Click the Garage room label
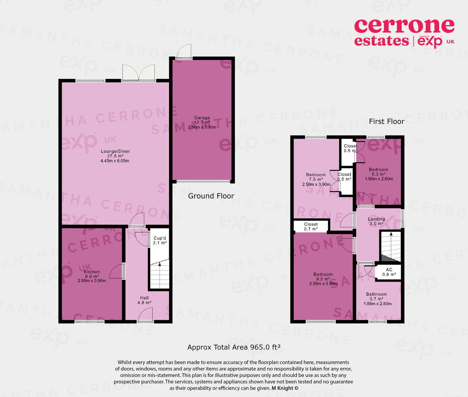point(202,118)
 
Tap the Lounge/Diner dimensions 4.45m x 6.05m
point(115,161)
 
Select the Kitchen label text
point(92,272)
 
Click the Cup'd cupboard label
point(160,238)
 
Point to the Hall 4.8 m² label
point(144,300)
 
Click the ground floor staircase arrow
point(160,264)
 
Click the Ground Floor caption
point(211,196)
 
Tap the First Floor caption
point(386,121)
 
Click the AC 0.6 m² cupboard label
point(389,272)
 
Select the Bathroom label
point(376,294)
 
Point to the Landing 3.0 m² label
point(376,221)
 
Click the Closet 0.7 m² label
point(311,226)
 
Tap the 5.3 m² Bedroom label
point(378,172)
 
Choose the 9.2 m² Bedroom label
point(323,277)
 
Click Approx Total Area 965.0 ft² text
point(234,347)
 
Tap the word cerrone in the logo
point(404,26)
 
